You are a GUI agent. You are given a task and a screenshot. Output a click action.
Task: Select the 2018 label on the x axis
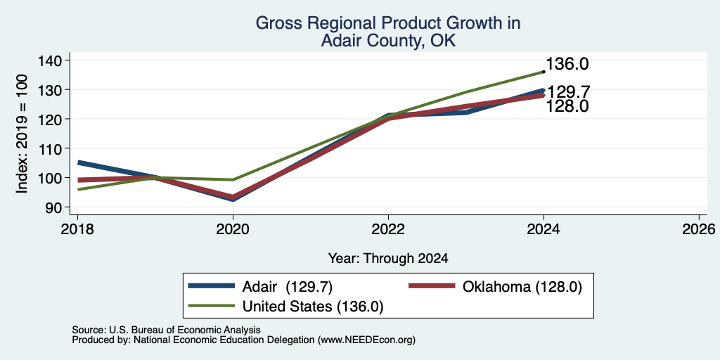(x=77, y=229)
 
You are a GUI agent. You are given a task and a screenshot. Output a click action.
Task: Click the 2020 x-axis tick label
(x=233, y=229)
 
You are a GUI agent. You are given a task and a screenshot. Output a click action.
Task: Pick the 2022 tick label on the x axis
(x=388, y=229)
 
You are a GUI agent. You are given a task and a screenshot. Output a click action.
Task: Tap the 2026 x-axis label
(x=699, y=229)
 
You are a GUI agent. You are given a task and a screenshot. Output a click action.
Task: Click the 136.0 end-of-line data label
(x=567, y=64)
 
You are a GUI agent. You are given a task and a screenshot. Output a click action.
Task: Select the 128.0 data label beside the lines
(x=567, y=107)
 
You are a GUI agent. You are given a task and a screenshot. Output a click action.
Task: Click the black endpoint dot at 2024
(x=544, y=72)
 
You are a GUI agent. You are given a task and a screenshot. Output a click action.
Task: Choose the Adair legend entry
(x=260, y=287)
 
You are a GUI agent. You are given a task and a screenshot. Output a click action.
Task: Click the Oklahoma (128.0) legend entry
(x=496, y=287)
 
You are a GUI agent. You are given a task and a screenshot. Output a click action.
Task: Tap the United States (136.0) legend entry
(x=286, y=306)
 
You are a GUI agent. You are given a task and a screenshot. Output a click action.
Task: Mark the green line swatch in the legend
(x=211, y=306)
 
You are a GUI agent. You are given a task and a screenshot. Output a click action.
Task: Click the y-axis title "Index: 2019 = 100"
(x=22, y=134)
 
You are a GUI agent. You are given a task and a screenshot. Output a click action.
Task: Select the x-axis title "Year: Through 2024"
(x=388, y=259)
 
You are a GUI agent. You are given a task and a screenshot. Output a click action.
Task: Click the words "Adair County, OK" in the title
(x=388, y=41)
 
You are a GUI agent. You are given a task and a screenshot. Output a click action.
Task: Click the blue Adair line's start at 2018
(x=79, y=162)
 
